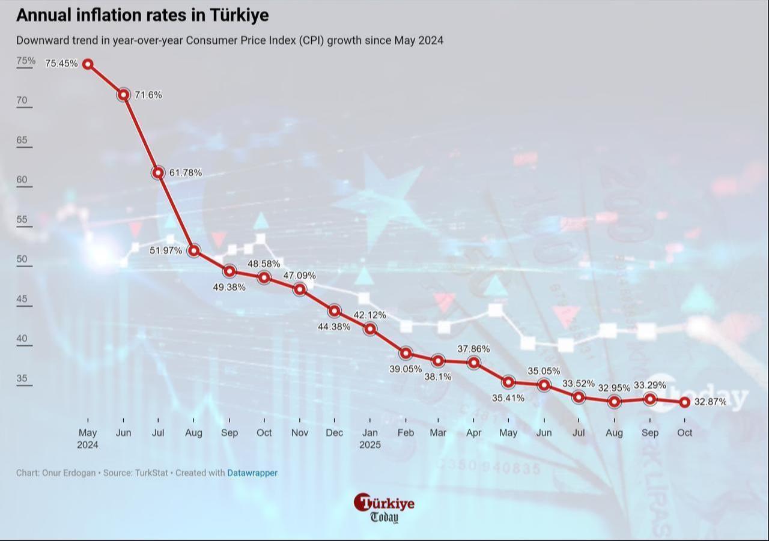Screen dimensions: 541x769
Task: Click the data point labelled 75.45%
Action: tap(88, 64)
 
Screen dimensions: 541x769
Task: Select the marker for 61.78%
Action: tap(158, 173)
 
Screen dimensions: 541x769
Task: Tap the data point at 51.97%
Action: tap(193, 250)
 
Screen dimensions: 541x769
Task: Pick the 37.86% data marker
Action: tap(474, 363)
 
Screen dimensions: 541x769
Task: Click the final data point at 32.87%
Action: tap(684, 402)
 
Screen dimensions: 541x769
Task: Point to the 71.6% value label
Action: tap(148, 95)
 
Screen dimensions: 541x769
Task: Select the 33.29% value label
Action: tap(650, 385)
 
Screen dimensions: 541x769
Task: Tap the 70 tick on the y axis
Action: tap(22, 100)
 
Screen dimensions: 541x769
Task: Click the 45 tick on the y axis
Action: tap(22, 299)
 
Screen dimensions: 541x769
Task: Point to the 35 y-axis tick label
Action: tap(22, 378)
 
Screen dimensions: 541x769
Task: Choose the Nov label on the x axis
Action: tap(299, 433)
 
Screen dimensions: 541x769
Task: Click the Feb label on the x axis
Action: tap(406, 433)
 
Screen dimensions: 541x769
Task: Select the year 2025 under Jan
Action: tap(370, 446)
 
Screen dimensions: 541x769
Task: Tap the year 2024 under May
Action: tap(88, 446)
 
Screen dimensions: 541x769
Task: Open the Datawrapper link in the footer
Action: tap(252, 473)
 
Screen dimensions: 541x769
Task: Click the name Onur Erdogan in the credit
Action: tap(68, 473)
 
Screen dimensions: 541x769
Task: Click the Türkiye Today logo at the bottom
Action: tap(384, 508)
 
